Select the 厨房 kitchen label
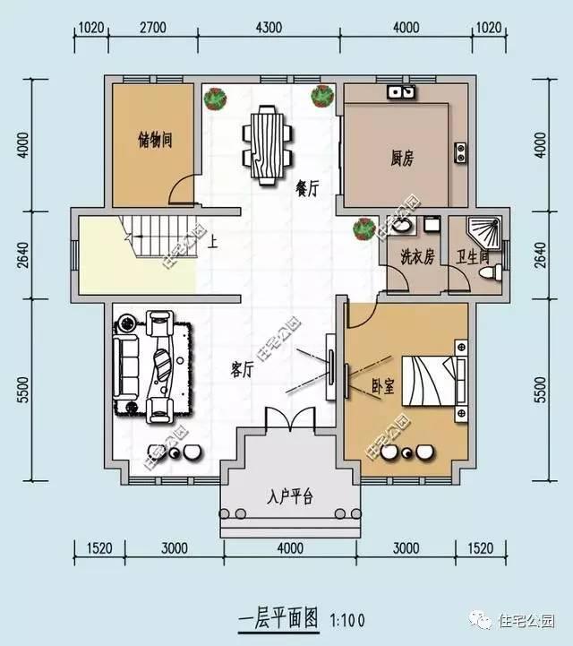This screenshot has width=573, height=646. [x=402, y=159]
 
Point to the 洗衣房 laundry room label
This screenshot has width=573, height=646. [x=416, y=257]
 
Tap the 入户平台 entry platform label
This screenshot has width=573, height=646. [x=289, y=496]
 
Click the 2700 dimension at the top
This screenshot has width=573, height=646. [x=154, y=27]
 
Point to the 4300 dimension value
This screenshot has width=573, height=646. [x=269, y=27]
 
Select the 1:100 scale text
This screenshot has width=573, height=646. [x=347, y=618]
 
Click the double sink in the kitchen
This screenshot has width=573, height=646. [x=400, y=91]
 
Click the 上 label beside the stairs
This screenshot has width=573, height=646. [x=212, y=240]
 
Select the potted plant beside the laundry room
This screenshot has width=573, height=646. [x=364, y=228]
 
